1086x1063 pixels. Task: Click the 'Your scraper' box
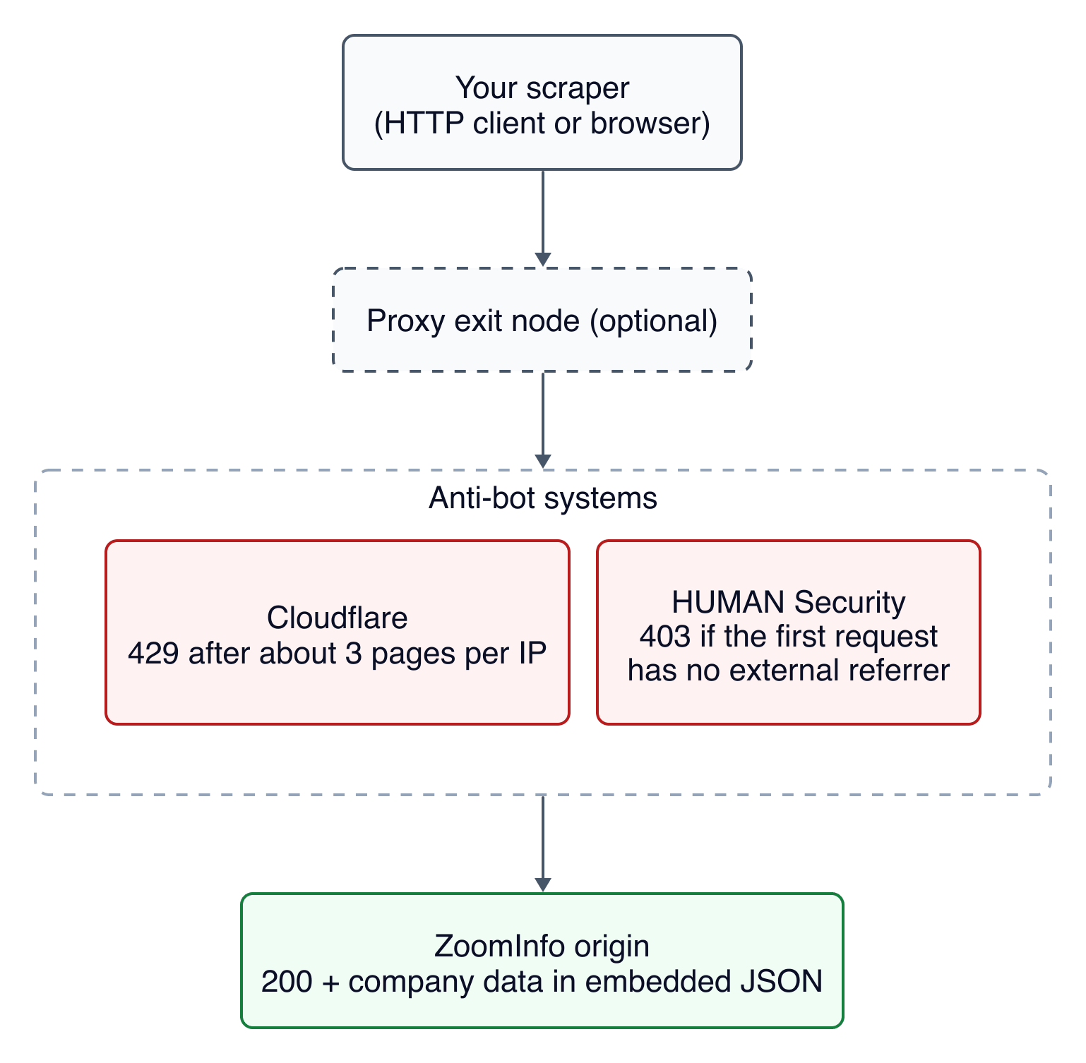(542, 102)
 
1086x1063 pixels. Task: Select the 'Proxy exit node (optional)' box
(542, 320)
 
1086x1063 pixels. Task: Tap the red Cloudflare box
(338, 632)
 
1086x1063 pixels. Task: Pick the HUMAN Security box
(789, 632)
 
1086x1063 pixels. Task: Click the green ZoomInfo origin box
(542, 961)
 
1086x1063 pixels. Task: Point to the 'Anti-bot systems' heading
(543, 498)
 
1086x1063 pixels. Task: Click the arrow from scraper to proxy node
(542, 219)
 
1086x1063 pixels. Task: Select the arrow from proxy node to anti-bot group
(542, 420)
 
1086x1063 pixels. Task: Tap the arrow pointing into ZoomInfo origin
(542, 844)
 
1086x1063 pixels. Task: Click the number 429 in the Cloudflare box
(153, 653)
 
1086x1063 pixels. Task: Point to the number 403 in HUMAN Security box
(665, 636)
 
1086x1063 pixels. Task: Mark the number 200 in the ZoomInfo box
(287, 981)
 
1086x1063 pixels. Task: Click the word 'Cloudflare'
(338, 618)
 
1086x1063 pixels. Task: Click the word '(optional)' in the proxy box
(654, 321)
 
